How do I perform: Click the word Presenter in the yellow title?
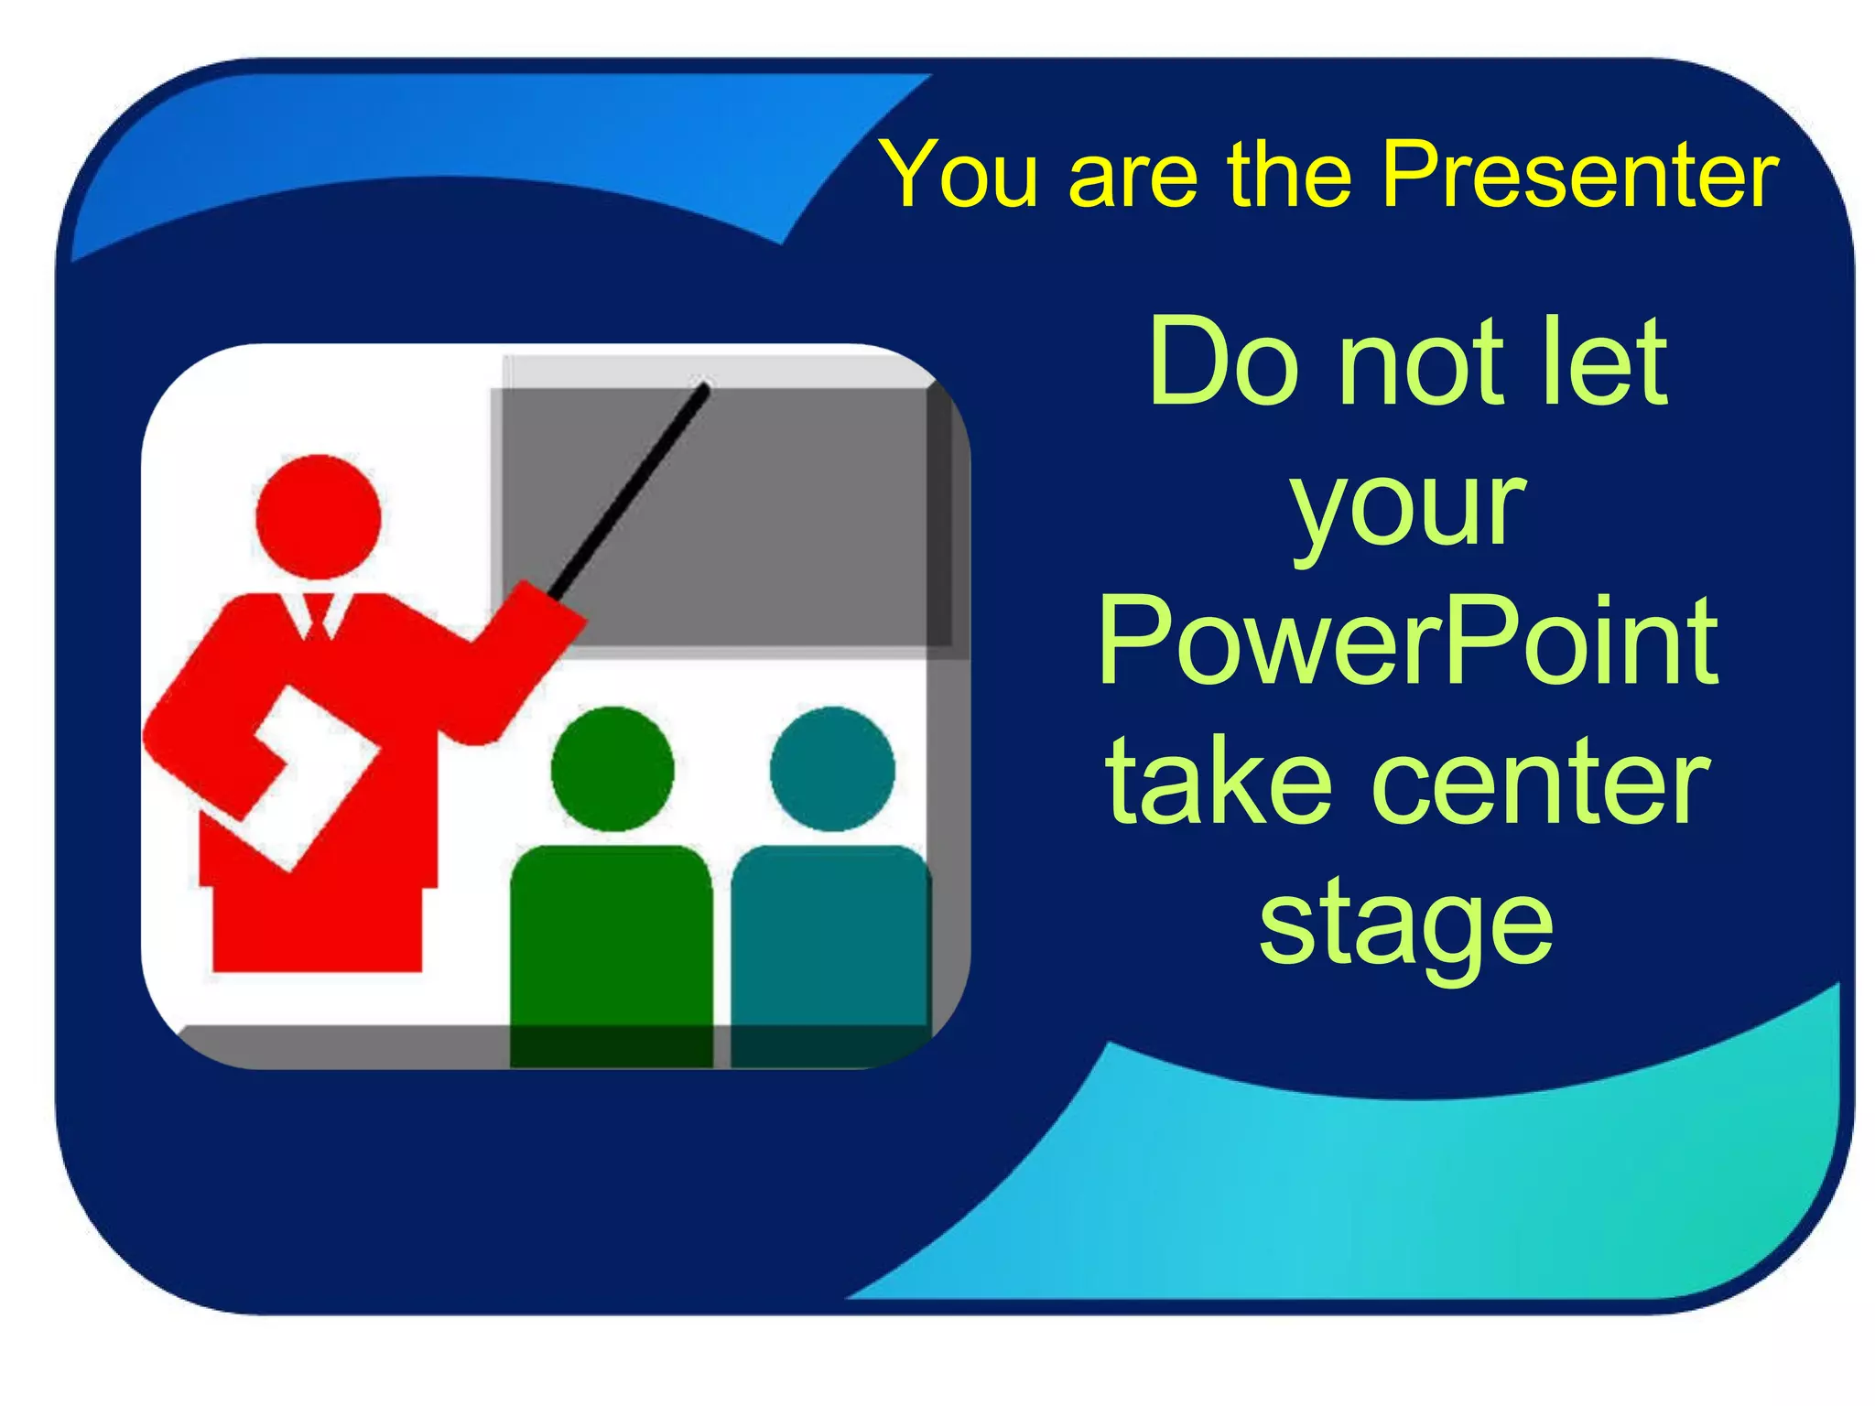click(x=1579, y=174)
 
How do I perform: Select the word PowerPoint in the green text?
click(x=1408, y=641)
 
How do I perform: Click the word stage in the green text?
click(x=1406, y=925)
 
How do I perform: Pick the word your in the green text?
click(x=1408, y=508)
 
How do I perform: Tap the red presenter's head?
click(x=318, y=517)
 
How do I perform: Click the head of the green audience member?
click(x=612, y=769)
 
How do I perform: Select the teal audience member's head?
click(x=832, y=769)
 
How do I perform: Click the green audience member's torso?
click(x=611, y=943)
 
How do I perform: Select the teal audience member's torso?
click(x=830, y=943)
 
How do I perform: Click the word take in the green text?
click(x=1219, y=783)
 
